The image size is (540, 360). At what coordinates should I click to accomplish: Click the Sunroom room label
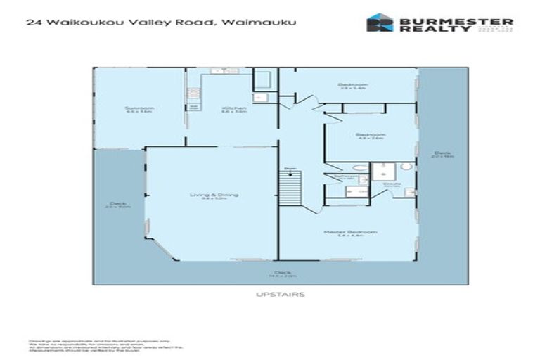140,108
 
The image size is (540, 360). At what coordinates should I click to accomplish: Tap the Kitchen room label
234,108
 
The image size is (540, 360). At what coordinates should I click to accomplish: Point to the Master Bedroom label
360,232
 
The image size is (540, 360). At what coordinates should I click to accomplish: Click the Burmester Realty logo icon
380,23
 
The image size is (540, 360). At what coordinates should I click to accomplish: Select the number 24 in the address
32,22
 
